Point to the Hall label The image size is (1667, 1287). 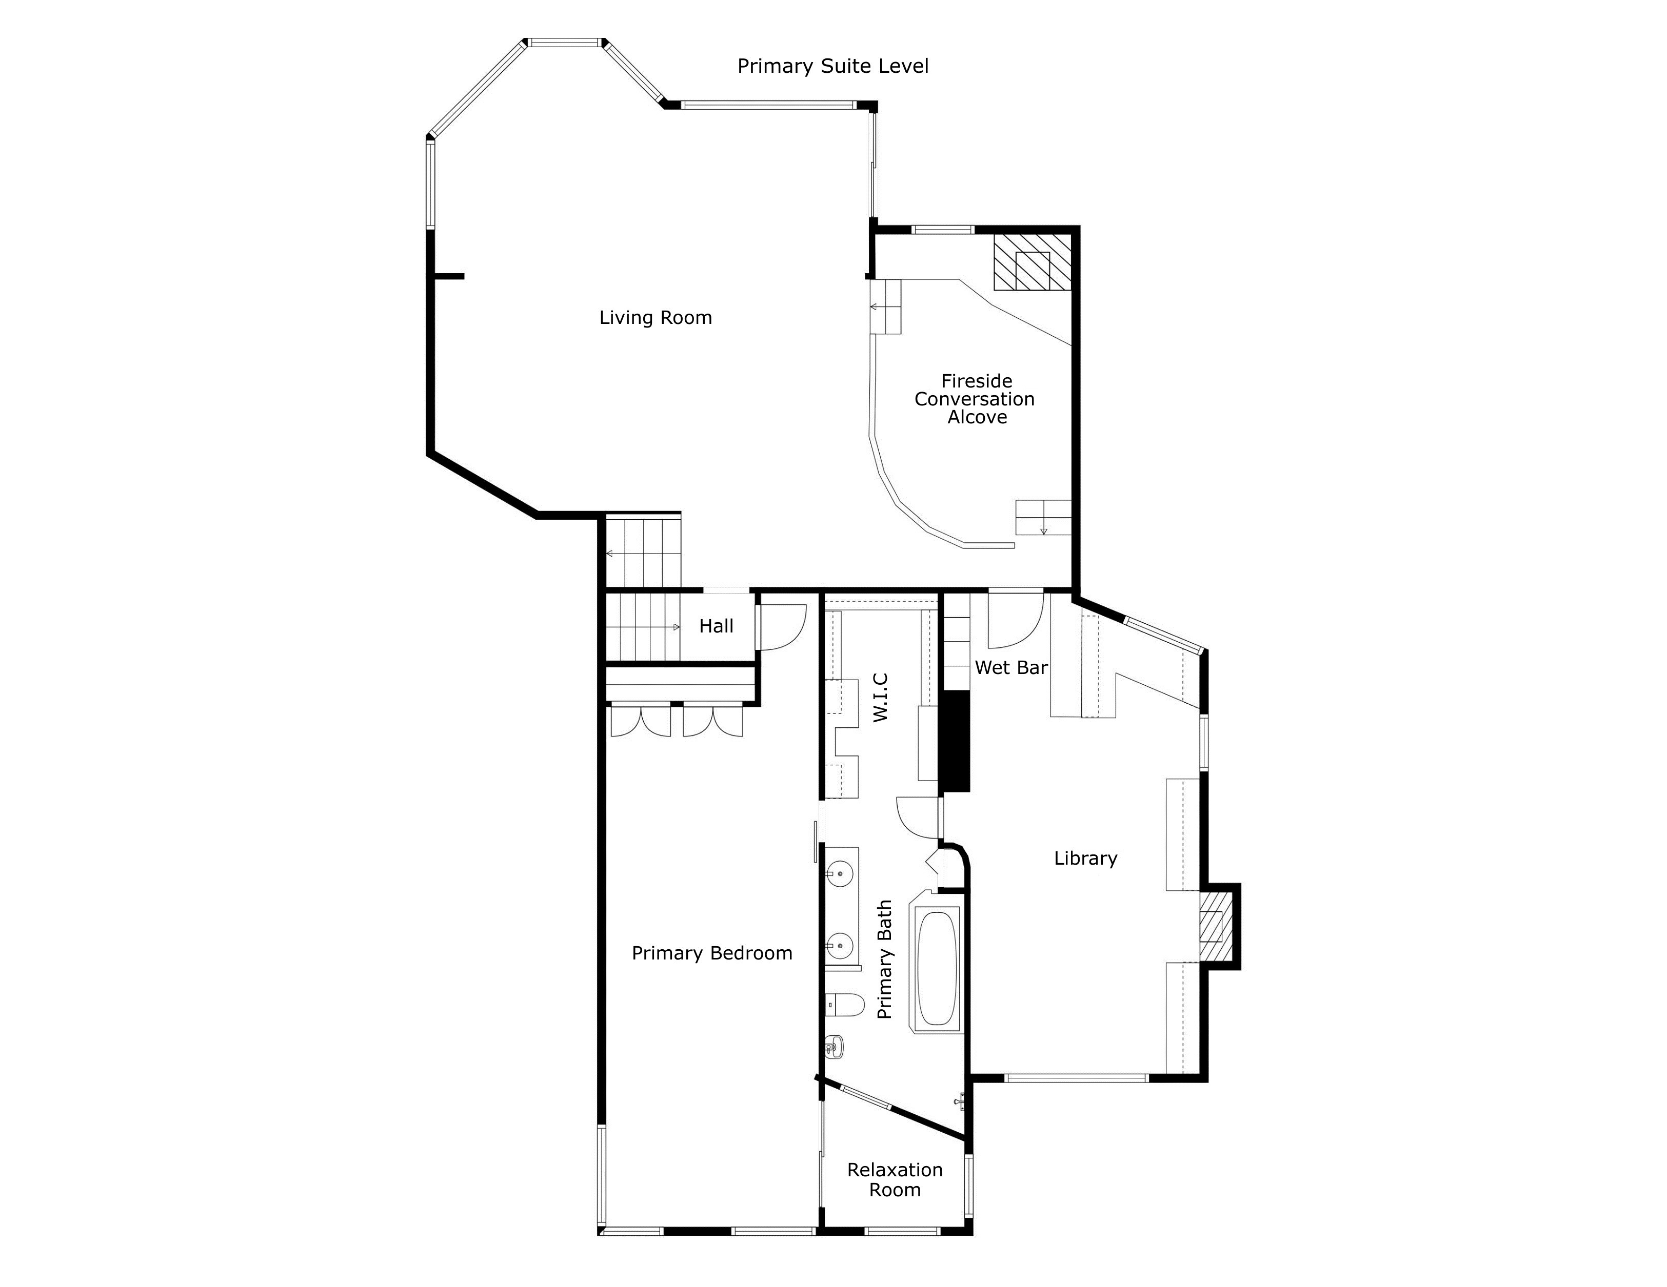pyautogui.click(x=716, y=626)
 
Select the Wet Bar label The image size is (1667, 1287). pyautogui.click(x=1010, y=667)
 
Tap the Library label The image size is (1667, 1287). pyautogui.click(x=1085, y=858)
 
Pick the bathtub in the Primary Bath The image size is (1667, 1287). pyautogui.click(x=937, y=969)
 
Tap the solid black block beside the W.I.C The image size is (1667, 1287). pyautogui.click(x=954, y=741)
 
